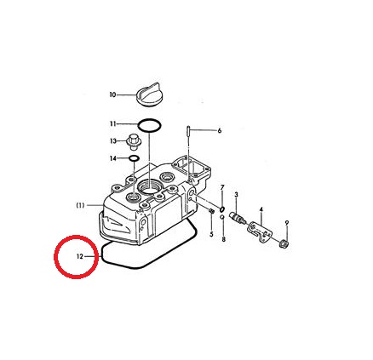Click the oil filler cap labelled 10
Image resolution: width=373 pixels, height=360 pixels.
(x=148, y=94)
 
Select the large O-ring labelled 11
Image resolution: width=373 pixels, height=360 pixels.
(x=150, y=119)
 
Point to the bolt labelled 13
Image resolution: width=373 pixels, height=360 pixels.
(x=132, y=142)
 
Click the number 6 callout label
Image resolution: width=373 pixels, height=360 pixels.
(x=219, y=130)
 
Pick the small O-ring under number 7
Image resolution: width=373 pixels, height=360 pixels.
(x=222, y=209)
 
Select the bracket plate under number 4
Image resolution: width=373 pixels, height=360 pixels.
(x=261, y=231)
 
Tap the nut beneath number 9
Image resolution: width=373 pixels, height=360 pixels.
(x=284, y=243)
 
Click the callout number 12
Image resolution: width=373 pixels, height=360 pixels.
(x=80, y=256)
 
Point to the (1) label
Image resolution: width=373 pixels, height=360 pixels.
(x=80, y=205)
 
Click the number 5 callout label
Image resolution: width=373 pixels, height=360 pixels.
(x=211, y=234)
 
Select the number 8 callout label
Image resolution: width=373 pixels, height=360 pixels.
(x=224, y=239)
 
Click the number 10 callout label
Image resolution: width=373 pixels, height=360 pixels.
(x=113, y=94)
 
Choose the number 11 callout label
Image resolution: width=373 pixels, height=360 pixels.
(x=113, y=123)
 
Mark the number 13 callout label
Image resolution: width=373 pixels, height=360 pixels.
(x=113, y=141)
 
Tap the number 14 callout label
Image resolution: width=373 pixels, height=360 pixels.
(x=113, y=158)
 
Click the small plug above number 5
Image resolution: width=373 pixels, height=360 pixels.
(x=211, y=211)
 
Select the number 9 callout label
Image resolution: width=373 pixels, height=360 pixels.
(x=287, y=223)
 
